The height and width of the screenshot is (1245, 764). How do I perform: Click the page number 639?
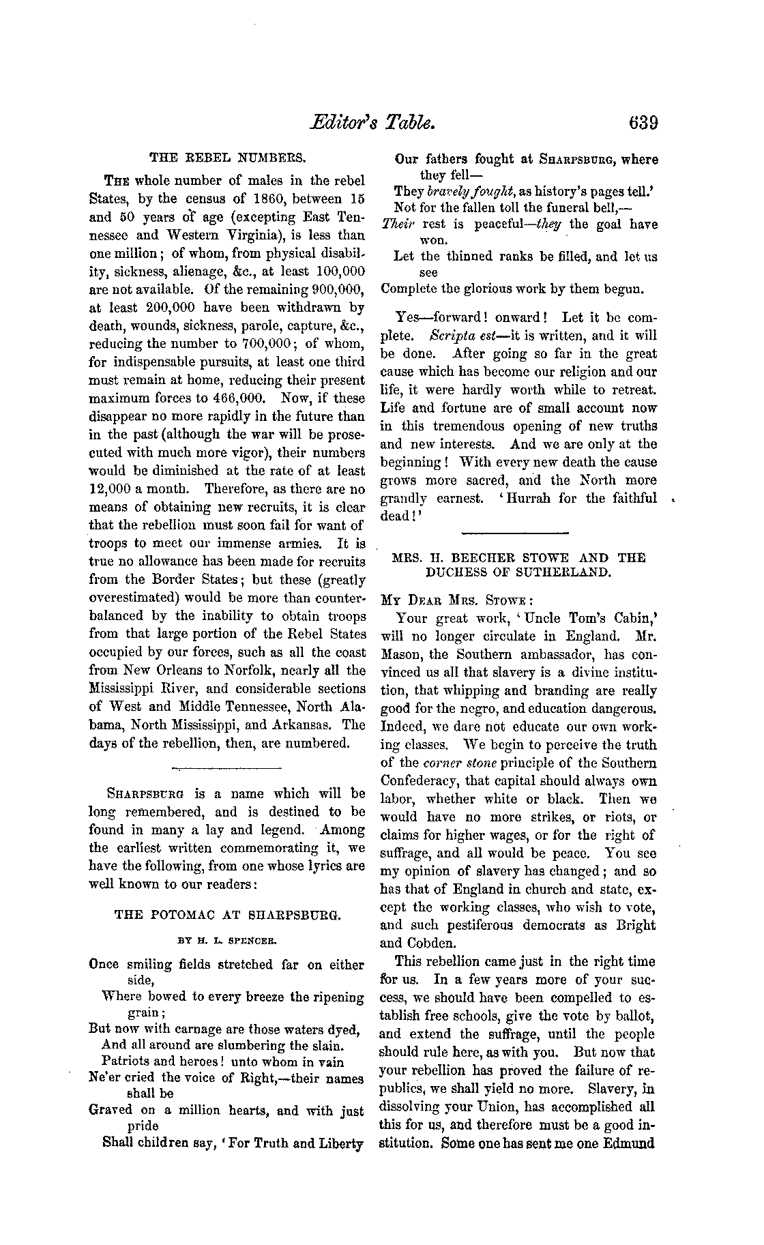coord(634,123)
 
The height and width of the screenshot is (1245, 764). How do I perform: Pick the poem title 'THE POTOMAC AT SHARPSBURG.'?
coord(227,915)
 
